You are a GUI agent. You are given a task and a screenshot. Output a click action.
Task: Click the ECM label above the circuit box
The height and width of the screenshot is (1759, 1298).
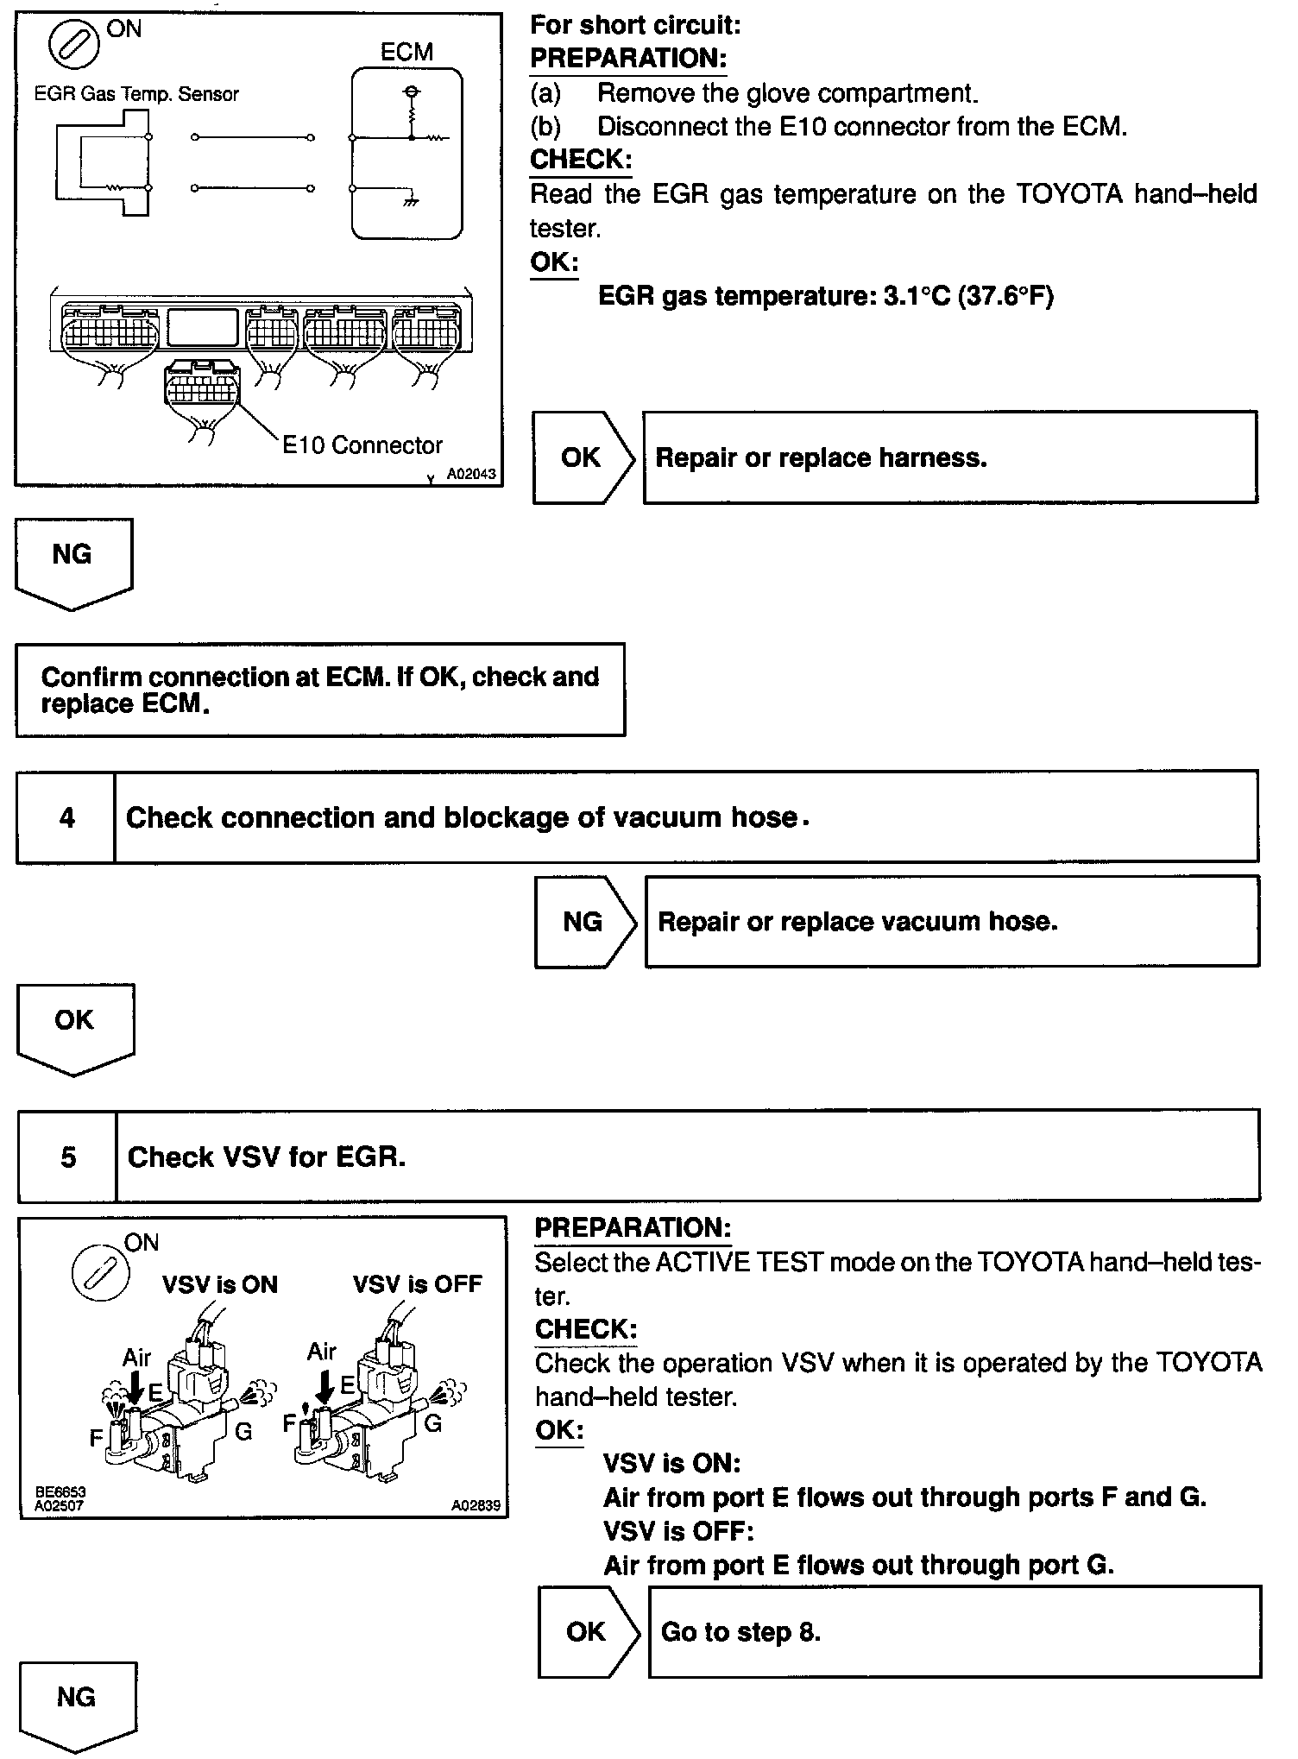pos(406,52)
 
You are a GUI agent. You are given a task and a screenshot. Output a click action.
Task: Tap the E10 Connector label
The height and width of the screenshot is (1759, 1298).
pos(362,445)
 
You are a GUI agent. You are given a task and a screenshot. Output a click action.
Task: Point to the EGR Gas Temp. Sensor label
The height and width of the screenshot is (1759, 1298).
pos(136,94)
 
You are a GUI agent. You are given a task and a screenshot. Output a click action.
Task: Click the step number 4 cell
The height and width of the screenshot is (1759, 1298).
pos(66,817)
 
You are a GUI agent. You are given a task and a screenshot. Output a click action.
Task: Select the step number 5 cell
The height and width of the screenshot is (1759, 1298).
pos(68,1157)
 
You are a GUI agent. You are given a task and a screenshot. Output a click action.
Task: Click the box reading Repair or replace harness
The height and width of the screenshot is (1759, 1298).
pos(949,457)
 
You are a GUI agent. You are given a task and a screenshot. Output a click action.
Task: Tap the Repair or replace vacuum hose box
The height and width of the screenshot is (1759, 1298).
pos(951,922)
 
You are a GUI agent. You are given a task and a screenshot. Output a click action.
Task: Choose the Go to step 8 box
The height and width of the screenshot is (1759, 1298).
pos(954,1631)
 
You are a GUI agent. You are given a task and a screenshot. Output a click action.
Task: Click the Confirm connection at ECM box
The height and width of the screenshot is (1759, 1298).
pos(320,690)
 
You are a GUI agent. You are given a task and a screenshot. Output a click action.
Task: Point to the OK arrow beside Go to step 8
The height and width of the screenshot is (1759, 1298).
pos(587,1631)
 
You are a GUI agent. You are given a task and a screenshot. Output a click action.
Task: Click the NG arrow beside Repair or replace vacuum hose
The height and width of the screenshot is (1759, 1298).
pos(583,922)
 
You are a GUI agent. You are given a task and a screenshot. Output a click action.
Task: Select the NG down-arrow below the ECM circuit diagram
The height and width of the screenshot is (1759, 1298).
pos(73,561)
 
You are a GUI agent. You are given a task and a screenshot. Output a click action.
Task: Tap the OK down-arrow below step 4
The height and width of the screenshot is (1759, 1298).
pos(75,1026)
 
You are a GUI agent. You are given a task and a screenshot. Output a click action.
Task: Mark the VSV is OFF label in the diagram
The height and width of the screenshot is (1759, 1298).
pos(417,1284)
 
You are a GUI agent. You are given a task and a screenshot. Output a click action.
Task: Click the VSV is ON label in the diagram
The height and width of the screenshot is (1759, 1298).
pos(220,1284)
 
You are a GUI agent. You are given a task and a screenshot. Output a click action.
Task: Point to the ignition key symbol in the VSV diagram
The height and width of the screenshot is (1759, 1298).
pos(100,1274)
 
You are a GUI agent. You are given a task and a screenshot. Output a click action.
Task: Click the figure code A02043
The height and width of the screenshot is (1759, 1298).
pos(471,474)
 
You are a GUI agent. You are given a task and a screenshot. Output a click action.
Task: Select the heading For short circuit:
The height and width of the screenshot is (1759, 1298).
pos(635,25)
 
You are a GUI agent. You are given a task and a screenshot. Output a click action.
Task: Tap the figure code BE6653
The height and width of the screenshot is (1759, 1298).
pos(60,1491)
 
